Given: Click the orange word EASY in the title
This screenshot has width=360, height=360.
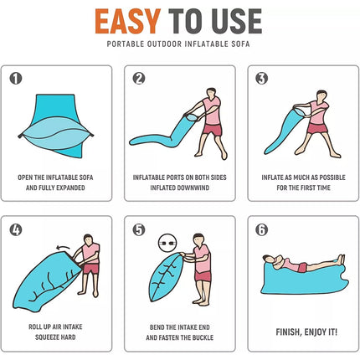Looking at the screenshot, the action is tap(127, 21).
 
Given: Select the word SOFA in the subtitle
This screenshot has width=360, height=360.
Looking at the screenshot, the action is tap(241, 44).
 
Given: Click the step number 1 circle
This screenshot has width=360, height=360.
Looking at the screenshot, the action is tap(16, 79).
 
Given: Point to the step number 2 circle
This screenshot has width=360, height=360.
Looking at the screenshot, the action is tap(139, 79).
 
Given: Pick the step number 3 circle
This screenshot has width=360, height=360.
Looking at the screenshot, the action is tap(262, 79).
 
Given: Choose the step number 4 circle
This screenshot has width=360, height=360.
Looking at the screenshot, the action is tap(16, 230).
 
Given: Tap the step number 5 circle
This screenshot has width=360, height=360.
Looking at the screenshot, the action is tap(139, 230).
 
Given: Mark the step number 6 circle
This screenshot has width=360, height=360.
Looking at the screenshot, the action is tap(262, 230).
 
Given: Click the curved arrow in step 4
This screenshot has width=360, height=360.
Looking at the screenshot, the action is tap(63, 247).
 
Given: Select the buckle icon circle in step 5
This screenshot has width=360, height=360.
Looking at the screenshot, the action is tap(167, 243).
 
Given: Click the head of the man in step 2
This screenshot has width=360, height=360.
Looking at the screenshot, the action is tap(211, 93).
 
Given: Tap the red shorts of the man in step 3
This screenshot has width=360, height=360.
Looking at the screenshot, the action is tap(317, 128).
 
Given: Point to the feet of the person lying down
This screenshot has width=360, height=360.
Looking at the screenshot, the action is tap(341, 260).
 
